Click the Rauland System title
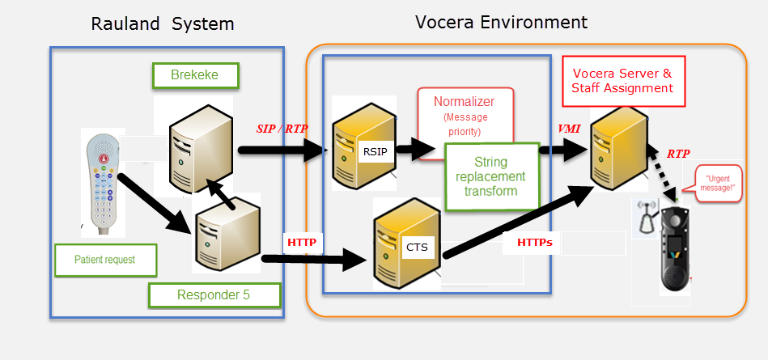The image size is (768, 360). [163, 24]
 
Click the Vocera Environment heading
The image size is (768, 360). [501, 22]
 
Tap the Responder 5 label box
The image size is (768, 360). [214, 295]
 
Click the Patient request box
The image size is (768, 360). [104, 260]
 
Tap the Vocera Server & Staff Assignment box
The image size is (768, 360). [622, 80]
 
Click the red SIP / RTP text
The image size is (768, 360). [282, 127]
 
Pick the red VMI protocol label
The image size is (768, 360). [569, 129]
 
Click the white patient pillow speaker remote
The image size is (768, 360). [104, 179]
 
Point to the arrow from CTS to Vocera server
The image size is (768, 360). [518, 220]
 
